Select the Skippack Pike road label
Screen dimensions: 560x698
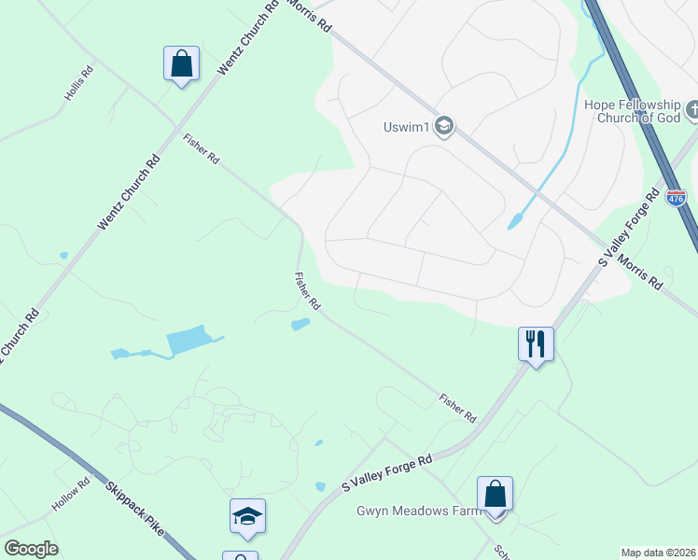click(x=135, y=508)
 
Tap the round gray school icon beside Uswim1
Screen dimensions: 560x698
click(x=445, y=127)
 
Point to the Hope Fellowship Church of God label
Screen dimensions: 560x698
click(x=633, y=111)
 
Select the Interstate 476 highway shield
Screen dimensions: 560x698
click(x=677, y=198)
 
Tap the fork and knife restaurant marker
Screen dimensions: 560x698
click(x=536, y=343)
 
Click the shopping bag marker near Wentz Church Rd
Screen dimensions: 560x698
click(x=181, y=64)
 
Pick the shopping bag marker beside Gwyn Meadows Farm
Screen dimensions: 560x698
click(x=495, y=494)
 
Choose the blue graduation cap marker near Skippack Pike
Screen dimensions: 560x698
click(x=247, y=515)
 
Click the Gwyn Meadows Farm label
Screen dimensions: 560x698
click(x=418, y=511)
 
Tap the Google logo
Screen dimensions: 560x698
click(x=31, y=549)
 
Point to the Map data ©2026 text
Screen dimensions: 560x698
click(x=658, y=553)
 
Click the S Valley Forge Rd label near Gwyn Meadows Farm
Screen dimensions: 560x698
click(x=387, y=473)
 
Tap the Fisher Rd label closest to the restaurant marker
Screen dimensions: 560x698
click(x=458, y=406)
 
